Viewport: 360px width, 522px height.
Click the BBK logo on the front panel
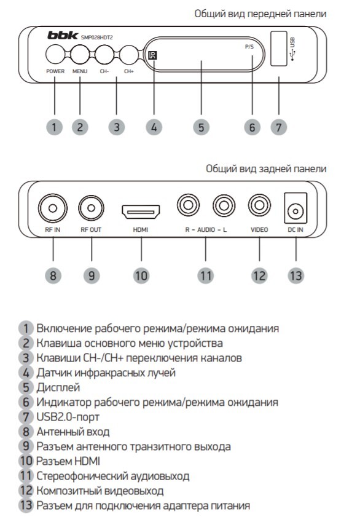pyautogui.click(x=63, y=35)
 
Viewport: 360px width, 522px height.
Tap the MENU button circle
pyautogui.click(x=80, y=54)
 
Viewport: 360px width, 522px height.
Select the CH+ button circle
pyautogui.click(x=129, y=54)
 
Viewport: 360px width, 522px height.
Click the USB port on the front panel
pyautogui.click(x=279, y=49)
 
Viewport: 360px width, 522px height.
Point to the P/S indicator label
pyautogui.click(x=249, y=47)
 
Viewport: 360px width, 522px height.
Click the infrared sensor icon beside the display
pyautogui.click(x=153, y=55)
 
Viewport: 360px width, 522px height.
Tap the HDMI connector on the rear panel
pyautogui.click(x=141, y=212)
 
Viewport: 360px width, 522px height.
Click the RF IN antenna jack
pyautogui.click(x=53, y=208)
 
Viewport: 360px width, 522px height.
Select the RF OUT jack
pyautogui.click(x=91, y=208)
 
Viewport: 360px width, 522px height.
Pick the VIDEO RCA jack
pyautogui.click(x=259, y=205)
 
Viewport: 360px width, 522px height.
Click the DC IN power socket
pyautogui.click(x=295, y=208)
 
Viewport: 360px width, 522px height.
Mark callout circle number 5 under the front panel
pyautogui.click(x=202, y=127)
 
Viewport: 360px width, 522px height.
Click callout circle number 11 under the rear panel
pyautogui.click(x=206, y=275)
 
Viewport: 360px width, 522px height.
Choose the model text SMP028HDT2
pyautogui.click(x=97, y=38)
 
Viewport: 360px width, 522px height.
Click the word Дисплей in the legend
pyautogui.click(x=58, y=387)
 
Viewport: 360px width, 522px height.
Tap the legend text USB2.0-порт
pyautogui.click(x=68, y=417)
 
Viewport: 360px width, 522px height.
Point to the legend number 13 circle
pyautogui.click(x=26, y=505)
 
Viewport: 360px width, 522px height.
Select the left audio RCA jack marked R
pyautogui.click(x=189, y=205)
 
